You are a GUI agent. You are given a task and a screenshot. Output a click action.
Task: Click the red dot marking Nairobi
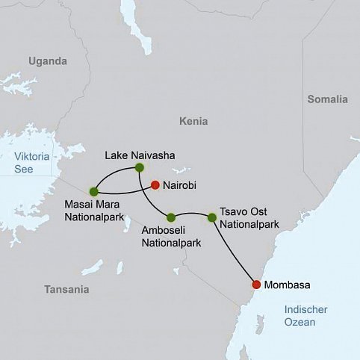pyautogui.click(x=155, y=185)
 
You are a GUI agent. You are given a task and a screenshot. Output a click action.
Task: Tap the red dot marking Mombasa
pyautogui.click(x=257, y=285)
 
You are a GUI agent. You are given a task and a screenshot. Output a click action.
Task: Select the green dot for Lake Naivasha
pyautogui.click(x=140, y=169)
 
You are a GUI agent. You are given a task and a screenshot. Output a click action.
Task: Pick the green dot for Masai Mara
pyautogui.click(x=93, y=191)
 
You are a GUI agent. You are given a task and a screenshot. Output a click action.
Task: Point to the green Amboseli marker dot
pyautogui.click(x=171, y=217)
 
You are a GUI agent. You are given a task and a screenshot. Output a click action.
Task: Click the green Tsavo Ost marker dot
pyautogui.click(x=212, y=217)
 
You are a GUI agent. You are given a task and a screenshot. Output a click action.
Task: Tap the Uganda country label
pyautogui.click(x=48, y=61)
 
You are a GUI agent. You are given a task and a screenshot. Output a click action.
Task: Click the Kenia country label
pyautogui.click(x=193, y=121)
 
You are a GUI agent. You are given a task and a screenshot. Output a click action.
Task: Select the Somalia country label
pyautogui.click(x=327, y=99)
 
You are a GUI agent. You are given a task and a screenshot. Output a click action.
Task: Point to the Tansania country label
pyautogui.click(x=66, y=289)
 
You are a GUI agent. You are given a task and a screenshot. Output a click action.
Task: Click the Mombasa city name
pyautogui.click(x=288, y=285)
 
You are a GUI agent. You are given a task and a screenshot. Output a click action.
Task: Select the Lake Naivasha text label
pyautogui.click(x=141, y=155)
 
